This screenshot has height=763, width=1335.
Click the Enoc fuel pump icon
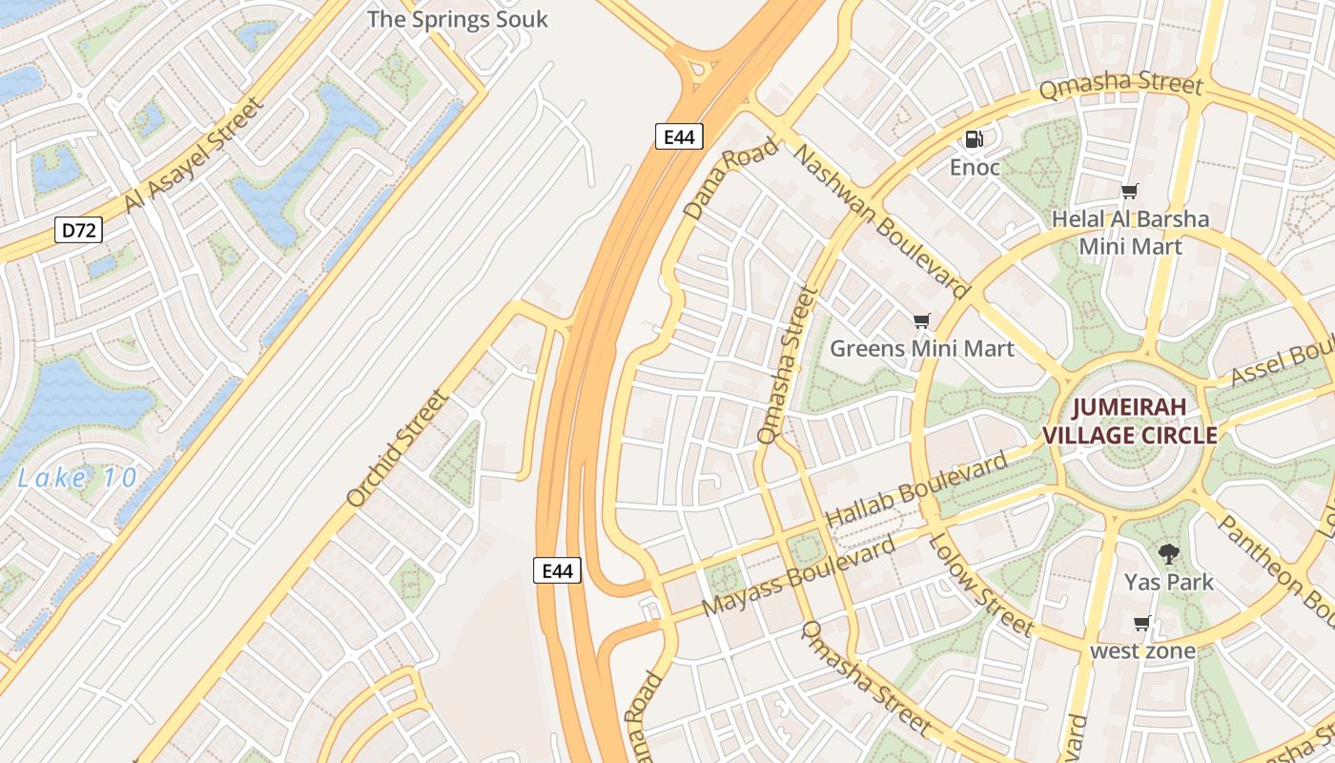(x=974, y=139)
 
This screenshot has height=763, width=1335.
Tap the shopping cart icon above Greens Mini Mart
(x=921, y=320)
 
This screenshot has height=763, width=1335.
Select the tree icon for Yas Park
(x=1168, y=553)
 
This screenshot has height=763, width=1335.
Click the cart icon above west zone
(x=1142, y=624)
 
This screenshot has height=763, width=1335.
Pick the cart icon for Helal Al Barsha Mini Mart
(x=1130, y=192)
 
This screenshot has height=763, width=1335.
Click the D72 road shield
(x=78, y=230)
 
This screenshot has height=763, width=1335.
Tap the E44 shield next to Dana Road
(x=679, y=136)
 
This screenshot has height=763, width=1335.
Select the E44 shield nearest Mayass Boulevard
(x=557, y=570)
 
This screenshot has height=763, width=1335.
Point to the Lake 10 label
(x=77, y=478)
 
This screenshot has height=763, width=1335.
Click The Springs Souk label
(x=458, y=18)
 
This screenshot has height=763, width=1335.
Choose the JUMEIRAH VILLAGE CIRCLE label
(x=1129, y=422)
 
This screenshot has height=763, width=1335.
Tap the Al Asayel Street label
(x=192, y=155)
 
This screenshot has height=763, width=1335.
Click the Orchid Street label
(x=397, y=448)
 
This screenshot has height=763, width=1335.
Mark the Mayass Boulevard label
(x=798, y=577)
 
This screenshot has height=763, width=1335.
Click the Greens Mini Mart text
(x=922, y=348)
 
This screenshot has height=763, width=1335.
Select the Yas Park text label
(x=1168, y=582)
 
